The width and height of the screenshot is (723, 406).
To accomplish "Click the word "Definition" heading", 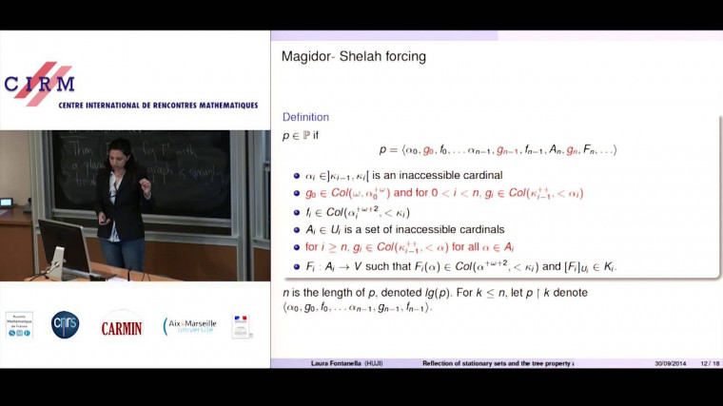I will coord(305,117).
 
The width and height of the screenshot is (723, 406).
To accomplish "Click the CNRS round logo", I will coord(66,325).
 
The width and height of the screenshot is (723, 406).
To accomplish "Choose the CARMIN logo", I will coord(121,327).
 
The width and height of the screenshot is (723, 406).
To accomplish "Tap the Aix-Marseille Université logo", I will coord(189,326).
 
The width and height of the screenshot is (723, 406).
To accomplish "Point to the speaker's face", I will coord(122,150).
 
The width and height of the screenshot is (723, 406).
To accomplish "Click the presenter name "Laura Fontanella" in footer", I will coord(343,363).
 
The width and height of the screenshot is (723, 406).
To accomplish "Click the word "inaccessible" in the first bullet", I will coord(434,175).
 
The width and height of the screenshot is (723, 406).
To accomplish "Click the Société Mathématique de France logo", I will coord(18,325).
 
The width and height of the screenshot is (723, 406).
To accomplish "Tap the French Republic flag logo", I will coord(242,326).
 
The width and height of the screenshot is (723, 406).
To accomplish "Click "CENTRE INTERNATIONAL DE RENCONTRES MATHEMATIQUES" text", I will coord(158,105).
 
